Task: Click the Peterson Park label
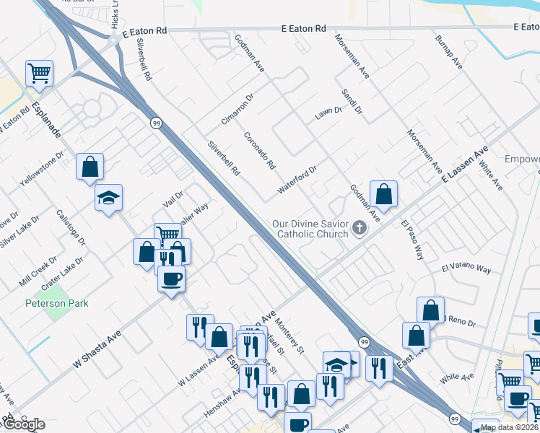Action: coord(57,303)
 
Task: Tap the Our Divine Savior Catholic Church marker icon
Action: coord(360,229)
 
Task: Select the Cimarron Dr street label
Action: coord(238,108)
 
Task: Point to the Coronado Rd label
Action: coord(260,150)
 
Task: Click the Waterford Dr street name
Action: coord(297,180)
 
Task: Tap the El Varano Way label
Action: coord(466,269)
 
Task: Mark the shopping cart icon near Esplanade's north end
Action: coord(39,72)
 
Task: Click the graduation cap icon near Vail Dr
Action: coord(109,197)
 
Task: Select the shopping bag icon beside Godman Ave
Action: coord(383,193)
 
